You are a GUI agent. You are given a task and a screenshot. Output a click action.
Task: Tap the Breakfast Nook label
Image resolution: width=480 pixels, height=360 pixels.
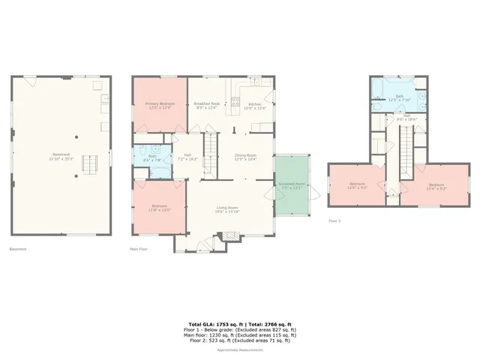click(207, 105)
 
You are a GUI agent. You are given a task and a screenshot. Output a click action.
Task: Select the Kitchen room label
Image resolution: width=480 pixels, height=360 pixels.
click(254, 105)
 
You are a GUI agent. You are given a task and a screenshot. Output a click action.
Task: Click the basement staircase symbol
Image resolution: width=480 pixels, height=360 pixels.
click(90, 163)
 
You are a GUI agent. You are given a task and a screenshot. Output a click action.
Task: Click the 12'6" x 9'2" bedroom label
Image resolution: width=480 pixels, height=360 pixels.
click(357, 186)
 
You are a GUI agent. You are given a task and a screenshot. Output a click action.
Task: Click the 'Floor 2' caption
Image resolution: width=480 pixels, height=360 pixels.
click(335, 221)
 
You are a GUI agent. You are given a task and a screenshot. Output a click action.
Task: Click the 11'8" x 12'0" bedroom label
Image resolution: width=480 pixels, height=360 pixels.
click(157, 208)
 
